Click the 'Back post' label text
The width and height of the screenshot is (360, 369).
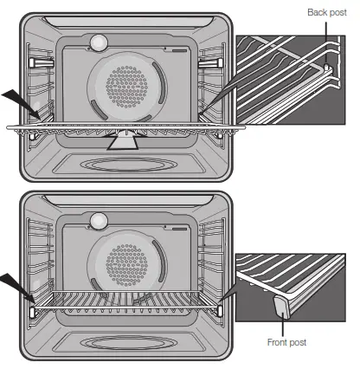pos(327,12)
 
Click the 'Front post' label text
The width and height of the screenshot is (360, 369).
pos(288,342)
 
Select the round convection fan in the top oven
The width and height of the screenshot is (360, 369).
pos(133,84)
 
